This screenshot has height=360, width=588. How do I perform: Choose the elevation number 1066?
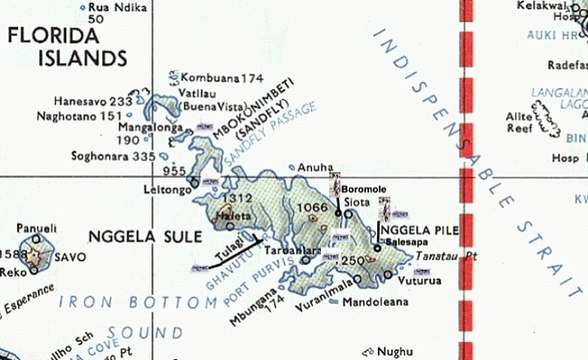313,207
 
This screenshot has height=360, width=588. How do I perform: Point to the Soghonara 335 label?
113,156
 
